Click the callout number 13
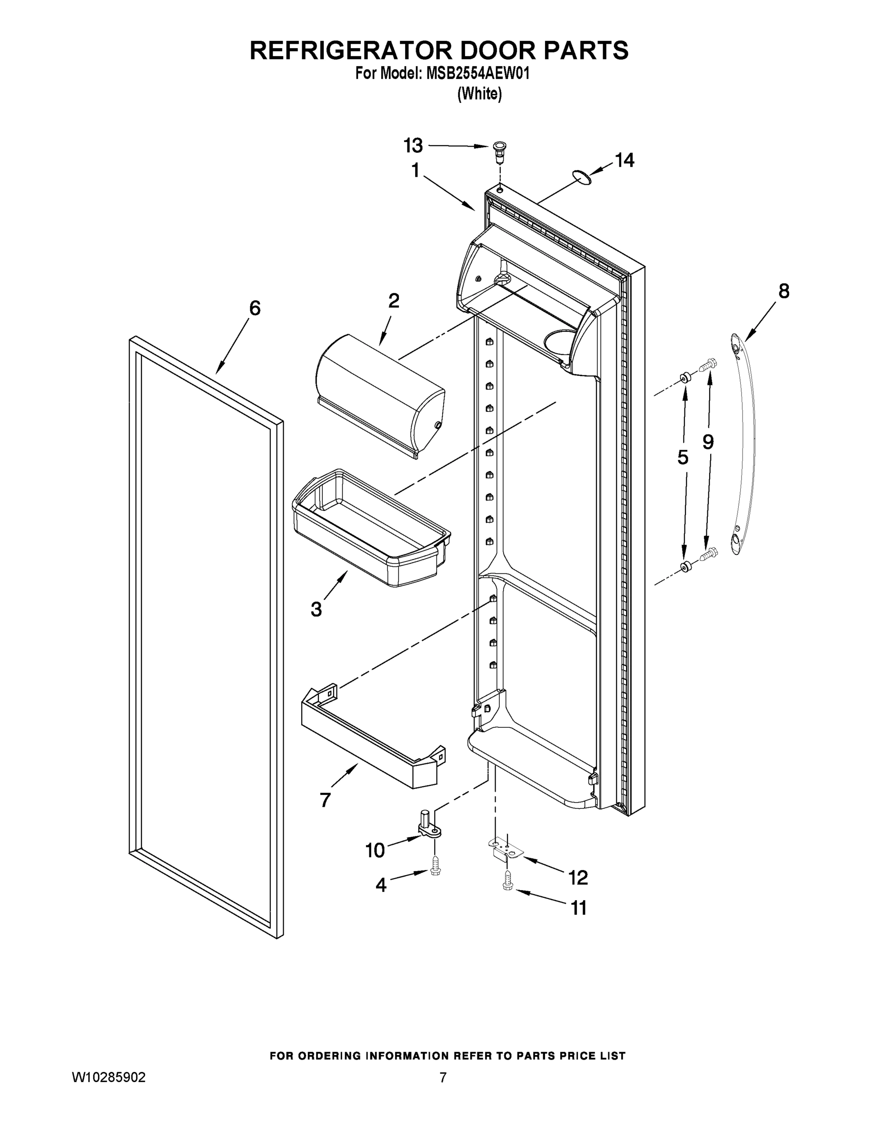click(413, 145)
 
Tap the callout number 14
click(624, 160)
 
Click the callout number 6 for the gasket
click(254, 308)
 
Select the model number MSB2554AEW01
click(477, 74)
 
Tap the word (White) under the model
click(480, 94)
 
